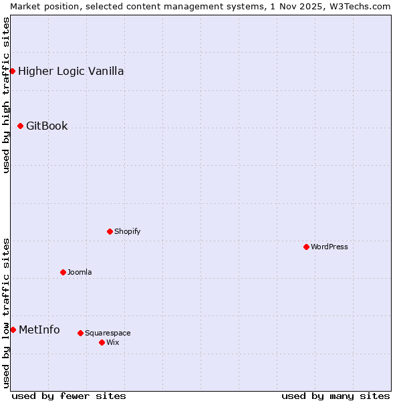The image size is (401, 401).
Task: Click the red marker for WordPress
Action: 306,247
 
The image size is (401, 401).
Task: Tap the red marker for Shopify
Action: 110,231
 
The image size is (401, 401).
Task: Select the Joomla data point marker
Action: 63,272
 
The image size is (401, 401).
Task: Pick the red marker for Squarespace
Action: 80,333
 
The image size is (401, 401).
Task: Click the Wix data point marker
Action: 102,342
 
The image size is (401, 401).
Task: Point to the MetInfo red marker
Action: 13,329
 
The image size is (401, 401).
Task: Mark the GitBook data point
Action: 20,126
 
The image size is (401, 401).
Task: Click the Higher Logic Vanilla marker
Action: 12,71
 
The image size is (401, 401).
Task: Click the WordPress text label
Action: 329,247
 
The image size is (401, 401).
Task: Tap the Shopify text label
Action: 128,231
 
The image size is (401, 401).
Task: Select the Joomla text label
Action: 80,272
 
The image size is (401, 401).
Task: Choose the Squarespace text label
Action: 108,333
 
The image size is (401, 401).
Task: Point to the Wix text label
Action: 113,342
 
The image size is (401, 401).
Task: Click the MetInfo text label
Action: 39,329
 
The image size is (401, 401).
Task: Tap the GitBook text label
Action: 47,126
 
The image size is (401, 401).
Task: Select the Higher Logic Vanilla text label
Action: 71,71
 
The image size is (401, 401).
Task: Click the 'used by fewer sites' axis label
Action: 69,396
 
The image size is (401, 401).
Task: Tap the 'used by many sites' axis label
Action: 336,396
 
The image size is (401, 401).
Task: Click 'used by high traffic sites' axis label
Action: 6,94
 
